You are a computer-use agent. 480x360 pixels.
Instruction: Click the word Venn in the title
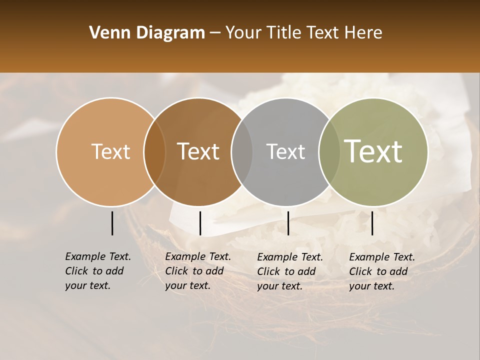106,33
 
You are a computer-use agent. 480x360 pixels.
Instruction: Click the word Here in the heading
363,33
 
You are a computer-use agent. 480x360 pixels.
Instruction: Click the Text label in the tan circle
110,151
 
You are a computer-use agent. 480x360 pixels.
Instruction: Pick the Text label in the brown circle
198,151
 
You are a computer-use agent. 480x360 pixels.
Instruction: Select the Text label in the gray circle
285,151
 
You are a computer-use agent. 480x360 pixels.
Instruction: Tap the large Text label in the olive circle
373,151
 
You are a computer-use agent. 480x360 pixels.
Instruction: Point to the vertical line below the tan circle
112,223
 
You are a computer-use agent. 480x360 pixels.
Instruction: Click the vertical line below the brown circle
200,223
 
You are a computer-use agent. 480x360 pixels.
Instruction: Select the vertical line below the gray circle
288,223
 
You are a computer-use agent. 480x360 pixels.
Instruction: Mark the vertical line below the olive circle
372,223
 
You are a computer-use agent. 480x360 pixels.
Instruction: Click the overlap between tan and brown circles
155,151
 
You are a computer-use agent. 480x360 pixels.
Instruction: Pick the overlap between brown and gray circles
242,151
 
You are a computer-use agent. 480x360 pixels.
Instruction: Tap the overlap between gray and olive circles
329,151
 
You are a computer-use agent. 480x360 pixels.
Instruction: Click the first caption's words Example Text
98,256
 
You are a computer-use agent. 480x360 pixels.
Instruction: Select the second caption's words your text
187,285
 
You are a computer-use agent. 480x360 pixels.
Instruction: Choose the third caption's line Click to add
286,271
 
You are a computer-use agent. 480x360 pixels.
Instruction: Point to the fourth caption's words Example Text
382,257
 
